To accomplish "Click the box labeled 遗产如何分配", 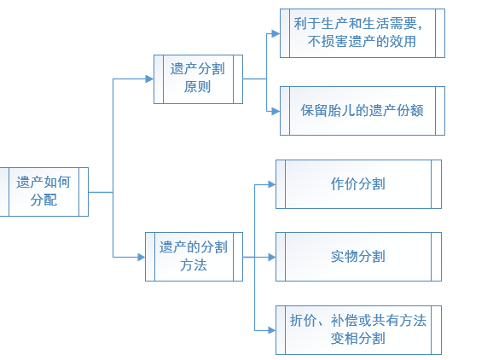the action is click(44, 192).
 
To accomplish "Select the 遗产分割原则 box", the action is click(198, 79).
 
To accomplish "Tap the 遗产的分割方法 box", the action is click(194, 257).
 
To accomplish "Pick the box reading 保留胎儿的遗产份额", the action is click(363, 111).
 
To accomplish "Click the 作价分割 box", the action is click(358, 184).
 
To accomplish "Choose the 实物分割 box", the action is click(358, 257).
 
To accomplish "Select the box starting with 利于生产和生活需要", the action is click(363, 33).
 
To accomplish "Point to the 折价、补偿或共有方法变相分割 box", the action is click(358, 330).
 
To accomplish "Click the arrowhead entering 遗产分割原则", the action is click(149, 79).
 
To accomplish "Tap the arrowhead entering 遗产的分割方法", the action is click(142, 257).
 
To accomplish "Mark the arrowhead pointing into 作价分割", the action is click(272, 184).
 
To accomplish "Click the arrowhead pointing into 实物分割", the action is click(272, 257).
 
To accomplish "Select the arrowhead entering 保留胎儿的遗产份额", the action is click(276, 112).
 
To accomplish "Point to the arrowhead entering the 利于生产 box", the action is click(276, 33).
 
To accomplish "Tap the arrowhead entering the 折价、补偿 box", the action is click(272, 330).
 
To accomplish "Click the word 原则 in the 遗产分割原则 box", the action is click(197, 87).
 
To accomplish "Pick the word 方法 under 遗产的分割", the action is click(194, 265).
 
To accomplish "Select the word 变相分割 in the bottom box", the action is click(358, 339).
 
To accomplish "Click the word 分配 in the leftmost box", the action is click(44, 200).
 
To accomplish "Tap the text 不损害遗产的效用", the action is click(362, 42).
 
